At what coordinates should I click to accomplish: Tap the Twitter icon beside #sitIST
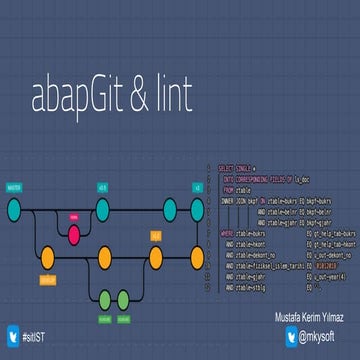(12, 336)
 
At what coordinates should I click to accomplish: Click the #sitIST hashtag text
(38, 337)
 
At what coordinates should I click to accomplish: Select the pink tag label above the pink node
(74, 213)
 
